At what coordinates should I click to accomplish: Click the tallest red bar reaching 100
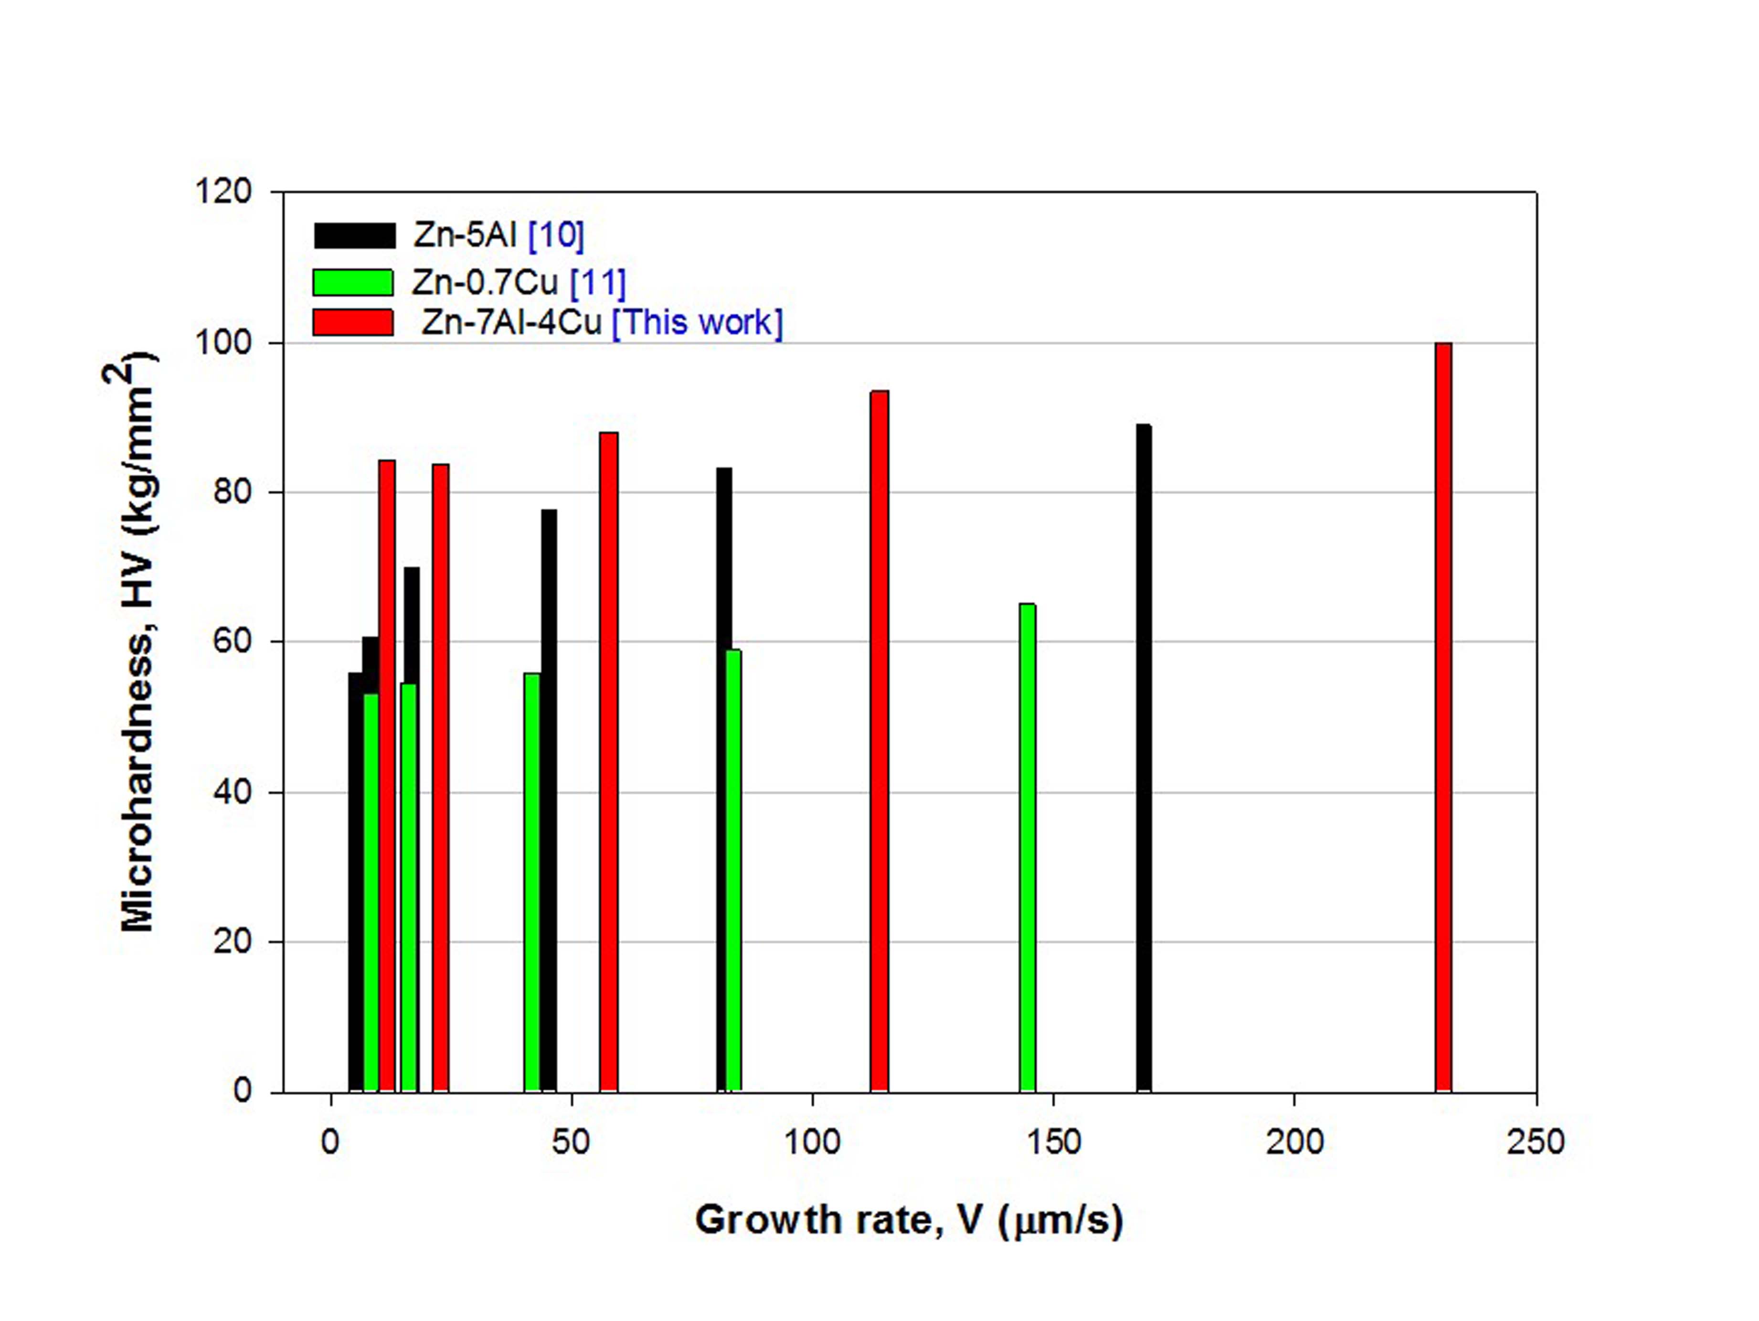(x=1443, y=716)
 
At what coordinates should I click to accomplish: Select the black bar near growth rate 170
(x=1144, y=756)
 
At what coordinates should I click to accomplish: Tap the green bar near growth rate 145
(x=1028, y=847)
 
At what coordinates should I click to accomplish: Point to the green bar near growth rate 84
(x=734, y=870)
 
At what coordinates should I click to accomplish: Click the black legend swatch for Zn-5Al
(x=355, y=235)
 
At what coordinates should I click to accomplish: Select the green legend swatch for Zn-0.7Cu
(x=353, y=282)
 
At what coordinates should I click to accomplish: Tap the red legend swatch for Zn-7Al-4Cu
(x=353, y=322)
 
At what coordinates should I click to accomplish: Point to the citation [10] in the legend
(x=556, y=235)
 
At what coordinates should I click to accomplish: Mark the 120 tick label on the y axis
(x=223, y=192)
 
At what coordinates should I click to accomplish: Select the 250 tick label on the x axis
(x=1535, y=1142)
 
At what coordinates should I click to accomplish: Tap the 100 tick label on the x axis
(x=812, y=1142)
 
